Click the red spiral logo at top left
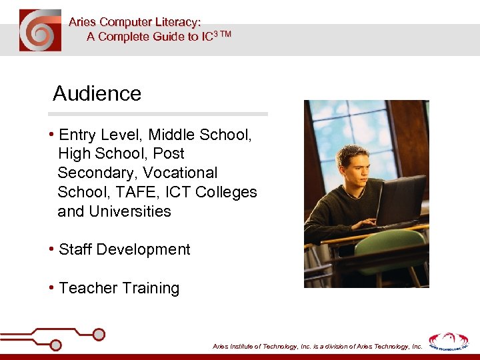point(40,31)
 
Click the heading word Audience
point(97,93)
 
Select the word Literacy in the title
point(174,22)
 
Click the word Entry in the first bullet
point(77,135)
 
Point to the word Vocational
point(183,173)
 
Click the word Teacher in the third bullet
point(85,288)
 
